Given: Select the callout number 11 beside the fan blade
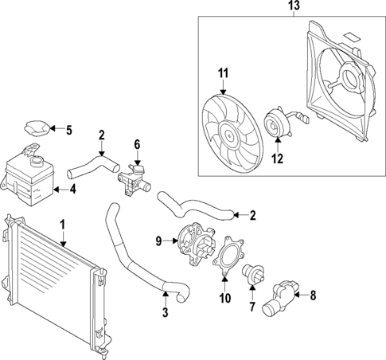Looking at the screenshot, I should (x=224, y=74).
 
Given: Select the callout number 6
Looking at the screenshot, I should (x=136, y=144).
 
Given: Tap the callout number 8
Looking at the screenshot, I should (x=313, y=295).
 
